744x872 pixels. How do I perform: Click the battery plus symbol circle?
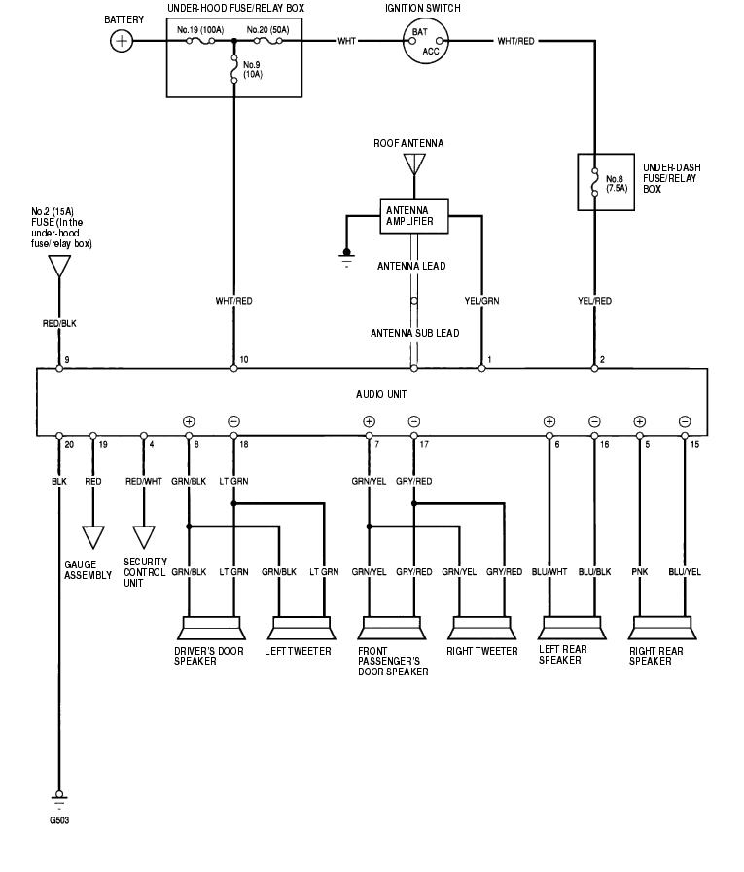click(x=121, y=41)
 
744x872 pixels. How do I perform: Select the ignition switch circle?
click(x=426, y=42)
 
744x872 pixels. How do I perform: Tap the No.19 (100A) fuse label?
click(x=200, y=30)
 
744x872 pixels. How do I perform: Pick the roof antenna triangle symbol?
click(x=414, y=165)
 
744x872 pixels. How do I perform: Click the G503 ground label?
click(x=59, y=820)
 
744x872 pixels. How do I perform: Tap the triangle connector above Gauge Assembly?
click(x=93, y=537)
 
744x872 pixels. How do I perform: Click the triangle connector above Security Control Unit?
click(x=143, y=537)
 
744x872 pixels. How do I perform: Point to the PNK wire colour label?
click(x=639, y=572)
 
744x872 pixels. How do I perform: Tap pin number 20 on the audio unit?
click(x=68, y=444)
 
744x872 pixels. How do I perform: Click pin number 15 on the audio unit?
click(x=694, y=444)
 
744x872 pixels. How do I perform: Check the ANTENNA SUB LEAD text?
click(x=414, y=333)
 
